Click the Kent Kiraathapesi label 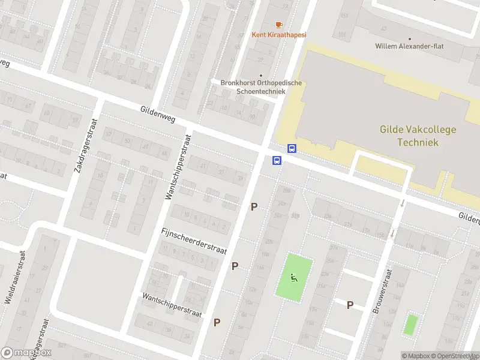278,35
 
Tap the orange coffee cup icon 278,25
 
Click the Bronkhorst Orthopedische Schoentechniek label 253,87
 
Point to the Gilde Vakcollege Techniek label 418,136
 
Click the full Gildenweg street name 157,115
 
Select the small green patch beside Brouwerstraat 410,324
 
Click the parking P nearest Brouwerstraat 350,305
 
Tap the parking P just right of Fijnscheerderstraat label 235,266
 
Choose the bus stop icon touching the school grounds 292,148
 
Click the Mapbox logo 26,353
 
